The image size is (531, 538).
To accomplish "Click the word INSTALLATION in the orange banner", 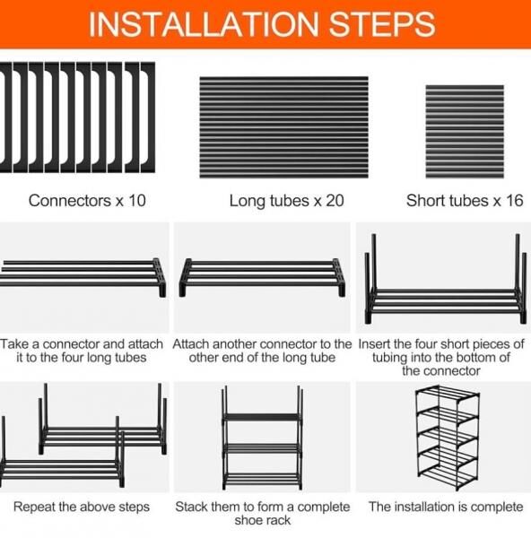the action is [204, 24].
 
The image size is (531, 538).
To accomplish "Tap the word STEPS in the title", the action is [382, 24].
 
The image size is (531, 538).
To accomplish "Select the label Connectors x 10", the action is [87, 201].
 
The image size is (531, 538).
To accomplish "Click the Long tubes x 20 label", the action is [287, 201].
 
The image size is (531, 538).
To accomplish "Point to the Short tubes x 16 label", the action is [465, 201].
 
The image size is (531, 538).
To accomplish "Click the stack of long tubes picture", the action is [283, 127].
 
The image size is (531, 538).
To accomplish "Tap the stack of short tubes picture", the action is [465, 132].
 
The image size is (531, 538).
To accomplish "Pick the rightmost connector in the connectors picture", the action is [148, 117].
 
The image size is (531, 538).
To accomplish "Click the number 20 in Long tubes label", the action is [335, 201].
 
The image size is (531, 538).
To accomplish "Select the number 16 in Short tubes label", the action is [515, 201].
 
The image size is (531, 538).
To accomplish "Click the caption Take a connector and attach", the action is [82, 344].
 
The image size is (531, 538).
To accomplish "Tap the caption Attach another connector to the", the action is [262, 344].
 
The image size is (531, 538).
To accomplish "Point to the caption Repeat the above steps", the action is [82, 507].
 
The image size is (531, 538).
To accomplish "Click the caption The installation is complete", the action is [446, 507].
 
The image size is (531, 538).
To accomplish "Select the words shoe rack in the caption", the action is [263, 520].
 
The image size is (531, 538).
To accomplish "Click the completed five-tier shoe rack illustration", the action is [448, 438].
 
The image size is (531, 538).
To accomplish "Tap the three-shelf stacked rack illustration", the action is [263, 438].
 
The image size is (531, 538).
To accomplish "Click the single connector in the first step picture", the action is [160, 277].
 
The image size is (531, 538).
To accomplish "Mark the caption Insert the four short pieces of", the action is [441, 344].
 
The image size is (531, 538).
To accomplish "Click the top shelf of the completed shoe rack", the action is [448, 394].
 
